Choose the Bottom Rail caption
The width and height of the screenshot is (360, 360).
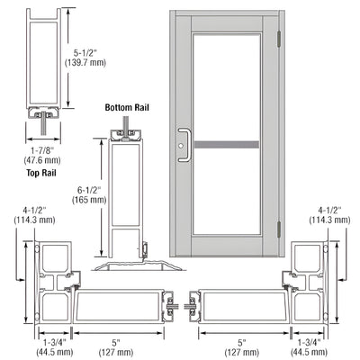point(125,108)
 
